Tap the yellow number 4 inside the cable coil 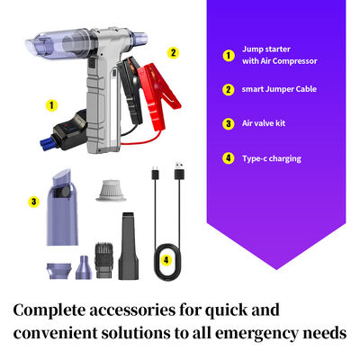click(x=166, y=262)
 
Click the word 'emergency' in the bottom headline click(x=268, y=334)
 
